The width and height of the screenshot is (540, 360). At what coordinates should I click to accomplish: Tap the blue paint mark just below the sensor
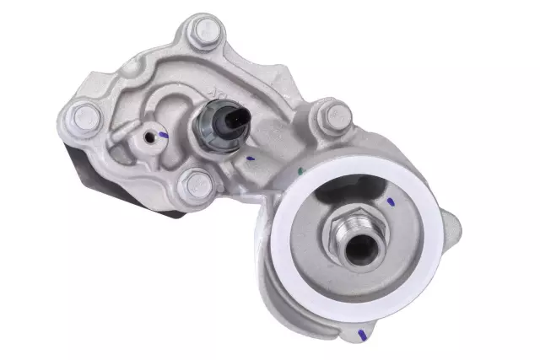[250, 157]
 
